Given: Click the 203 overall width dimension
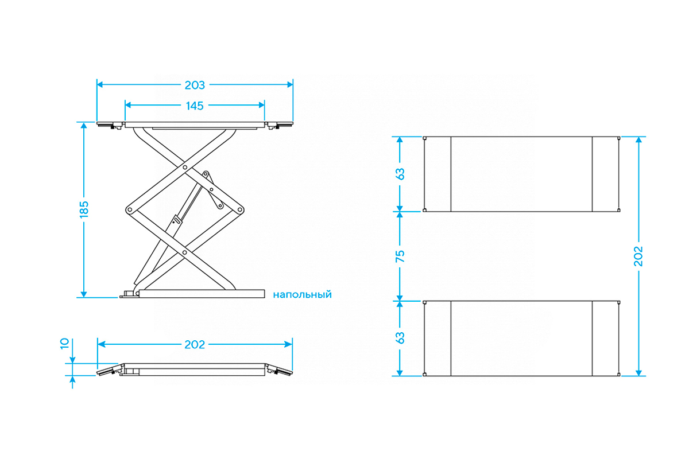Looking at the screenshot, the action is (x=195, y=85).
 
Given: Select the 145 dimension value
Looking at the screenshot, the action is (x=195, y=106).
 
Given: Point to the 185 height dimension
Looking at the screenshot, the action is (x=84, y=209).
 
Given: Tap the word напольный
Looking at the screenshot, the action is (x=302, y=294).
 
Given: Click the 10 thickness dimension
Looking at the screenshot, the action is (x=64, y=344).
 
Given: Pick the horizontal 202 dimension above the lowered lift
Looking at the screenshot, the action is (x=195, y=345).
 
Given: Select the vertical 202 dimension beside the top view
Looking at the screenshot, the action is (x=638, y=256).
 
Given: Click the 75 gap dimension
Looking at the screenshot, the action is (x=401, y=256).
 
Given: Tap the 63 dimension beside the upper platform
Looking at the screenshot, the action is (x=401, y=174).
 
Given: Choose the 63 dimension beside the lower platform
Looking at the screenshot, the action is (x=401, y=337).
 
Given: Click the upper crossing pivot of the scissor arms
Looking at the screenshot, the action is (x=184, y=168).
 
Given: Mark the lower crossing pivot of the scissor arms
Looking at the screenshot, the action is (x=184, y=251).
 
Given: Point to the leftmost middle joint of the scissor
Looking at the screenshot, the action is (x=129, y=210).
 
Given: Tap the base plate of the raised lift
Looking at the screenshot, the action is (x=201, y=293).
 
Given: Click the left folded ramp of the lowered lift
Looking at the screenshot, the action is (x=109, y=370).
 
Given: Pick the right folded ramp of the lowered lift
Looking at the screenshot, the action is (x=280, y=370).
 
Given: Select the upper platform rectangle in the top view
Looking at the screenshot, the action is (x=521, y=174).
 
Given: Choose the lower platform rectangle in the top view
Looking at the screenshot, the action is (x=521, y=338).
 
